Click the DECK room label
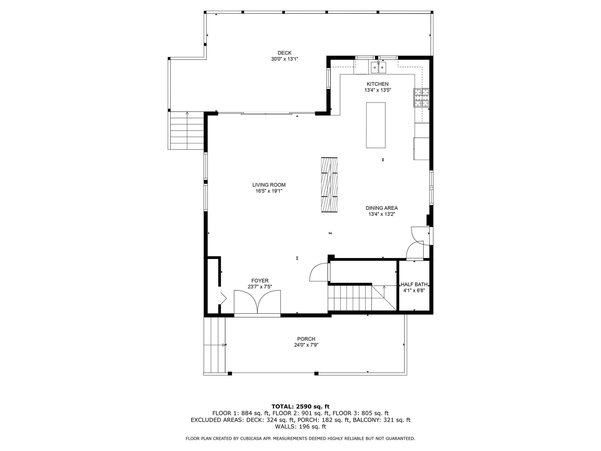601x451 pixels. [284, 53]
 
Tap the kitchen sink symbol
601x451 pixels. [378, 68]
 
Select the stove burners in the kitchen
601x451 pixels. [421, 97]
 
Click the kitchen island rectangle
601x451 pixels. [376, 125]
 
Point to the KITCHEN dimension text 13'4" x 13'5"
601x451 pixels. [378, 90]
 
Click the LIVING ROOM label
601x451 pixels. [269, 185]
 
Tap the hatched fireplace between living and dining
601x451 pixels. [329, 185]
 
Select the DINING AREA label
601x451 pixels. [381, 208]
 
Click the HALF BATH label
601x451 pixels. [414, 285]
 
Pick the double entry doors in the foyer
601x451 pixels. [257, 302]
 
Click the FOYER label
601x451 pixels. [260, 281]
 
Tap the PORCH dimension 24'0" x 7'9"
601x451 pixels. [306, 345]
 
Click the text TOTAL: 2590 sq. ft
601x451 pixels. [300, 407]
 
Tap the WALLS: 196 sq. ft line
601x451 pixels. [300, 427]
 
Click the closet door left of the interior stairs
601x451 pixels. [319, 272]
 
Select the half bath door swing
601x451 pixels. [415, 251]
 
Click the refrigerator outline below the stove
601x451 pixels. [422, 149]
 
